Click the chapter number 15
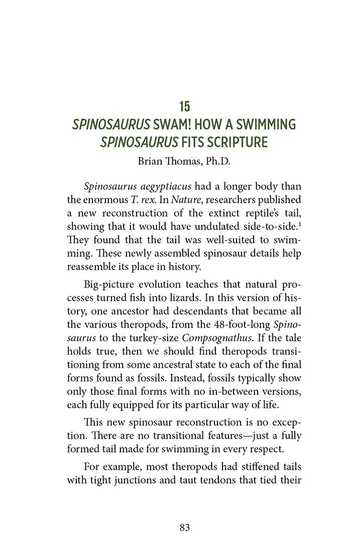coord(184,106)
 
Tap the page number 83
coord(184,527)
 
